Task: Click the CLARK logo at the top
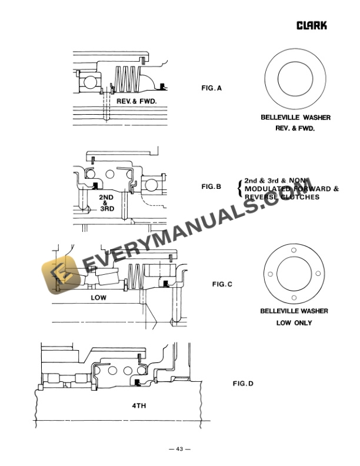[311, 25]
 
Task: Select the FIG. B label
[211, 187]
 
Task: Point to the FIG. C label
[222, 284]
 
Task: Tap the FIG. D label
[243, 384]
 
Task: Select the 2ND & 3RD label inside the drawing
[106, 202]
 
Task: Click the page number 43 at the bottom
[179, 450]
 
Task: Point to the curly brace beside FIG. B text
[238, 189]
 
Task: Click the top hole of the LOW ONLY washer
[294, 254]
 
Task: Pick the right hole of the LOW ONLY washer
[318, 272]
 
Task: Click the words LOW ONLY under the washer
[294, 323]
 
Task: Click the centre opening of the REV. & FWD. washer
[295, 78]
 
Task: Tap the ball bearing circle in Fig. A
[91, 82]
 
